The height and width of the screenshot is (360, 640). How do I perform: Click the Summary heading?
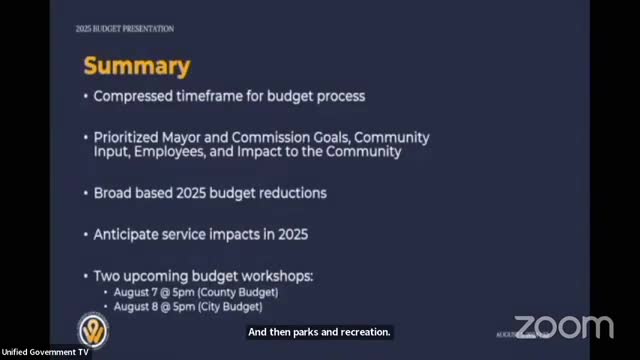click(x=136, y=66)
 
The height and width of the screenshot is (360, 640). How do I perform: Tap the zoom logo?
click(x=563, y=327)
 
